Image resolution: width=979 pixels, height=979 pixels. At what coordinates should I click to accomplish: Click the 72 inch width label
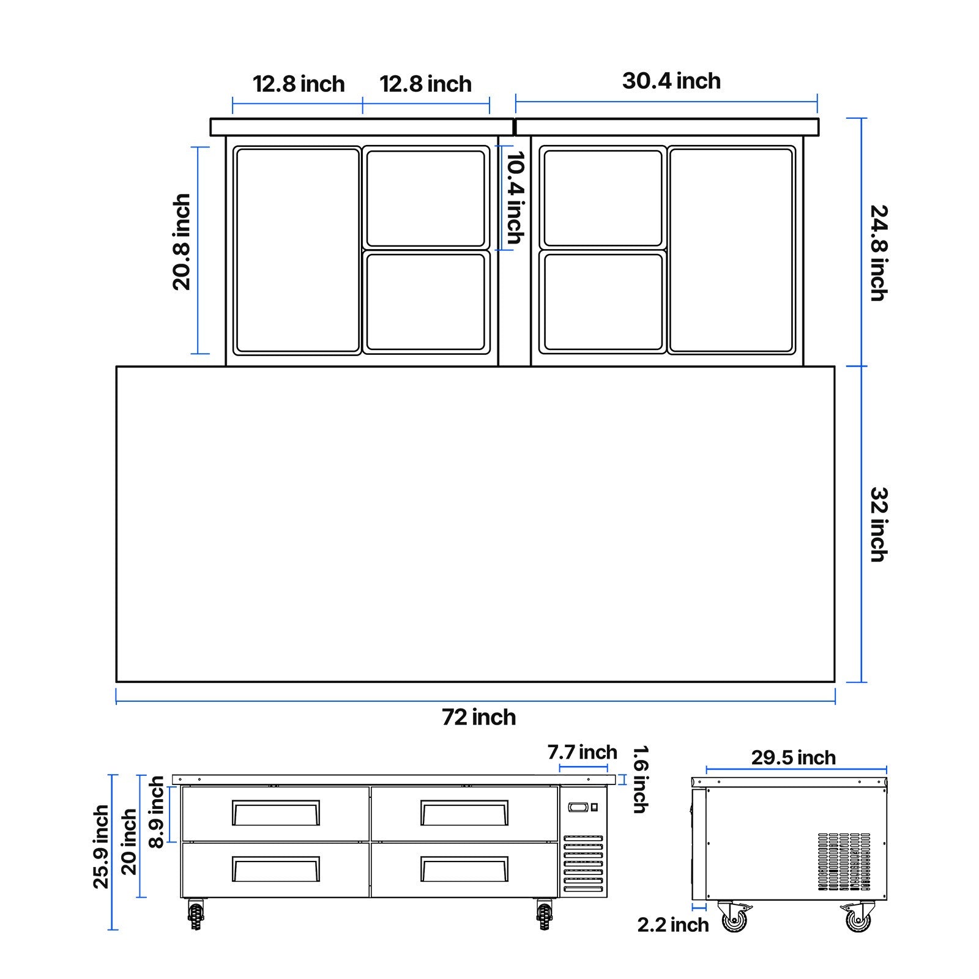pyautogui.click(x=478, y=717)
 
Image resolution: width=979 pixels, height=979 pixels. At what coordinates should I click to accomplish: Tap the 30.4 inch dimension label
pyautogui.click(x=671, y=81)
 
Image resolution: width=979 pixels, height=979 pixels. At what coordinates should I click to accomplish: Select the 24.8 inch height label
pyautogui.click(x=879, y=253)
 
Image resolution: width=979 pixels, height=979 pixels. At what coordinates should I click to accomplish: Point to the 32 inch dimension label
pyautogui.click(x=879, y=524)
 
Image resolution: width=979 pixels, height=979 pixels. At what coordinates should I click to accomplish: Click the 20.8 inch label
pyautogui.click(x=182, y=242)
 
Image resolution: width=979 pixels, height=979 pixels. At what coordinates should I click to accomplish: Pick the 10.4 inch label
pyautogui.click(x=516, y=198)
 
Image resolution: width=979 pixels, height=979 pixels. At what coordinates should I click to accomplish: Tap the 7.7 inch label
pyautogui.click(x=582, y=752)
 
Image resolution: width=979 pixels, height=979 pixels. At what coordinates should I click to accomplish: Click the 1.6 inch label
pyautogui.click(x=639, y=779)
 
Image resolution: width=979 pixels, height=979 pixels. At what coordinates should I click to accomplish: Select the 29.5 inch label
pyautogui.click(x=793, y=758)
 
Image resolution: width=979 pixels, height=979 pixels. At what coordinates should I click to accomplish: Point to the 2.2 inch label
pyautogui.click(x=672, y=925)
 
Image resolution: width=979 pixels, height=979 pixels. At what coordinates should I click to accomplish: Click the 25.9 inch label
pyautogui.click(x=101, y=846)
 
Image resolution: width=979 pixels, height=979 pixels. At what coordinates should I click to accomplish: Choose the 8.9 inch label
pyautogui.click(x=157, y=812)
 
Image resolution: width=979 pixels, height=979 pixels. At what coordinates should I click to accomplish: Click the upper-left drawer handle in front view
pyautogui.click(x=275, y=813)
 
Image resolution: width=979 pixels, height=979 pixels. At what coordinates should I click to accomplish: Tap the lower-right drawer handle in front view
pyautogui.click(x=464, y=869)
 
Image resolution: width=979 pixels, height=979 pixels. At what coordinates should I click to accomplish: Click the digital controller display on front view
pyautogui.click(x=578, y=808)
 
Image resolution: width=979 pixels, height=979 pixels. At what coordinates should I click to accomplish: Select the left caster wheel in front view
pyautogui.click(x=196, y=915)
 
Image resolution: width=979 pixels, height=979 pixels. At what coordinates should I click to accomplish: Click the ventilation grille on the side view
pyautogui.click(x=844, y=862)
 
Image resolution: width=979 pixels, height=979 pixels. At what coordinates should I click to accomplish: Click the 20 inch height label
pyautogui.click(x=129, y=842)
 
